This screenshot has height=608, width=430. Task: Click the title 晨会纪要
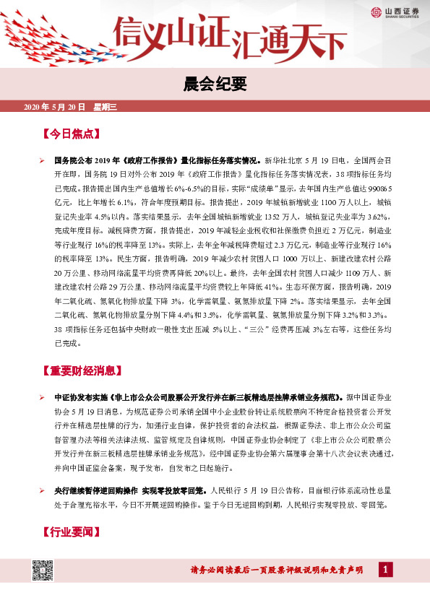tap(215, 84)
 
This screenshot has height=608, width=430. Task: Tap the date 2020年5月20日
tap(55, 108)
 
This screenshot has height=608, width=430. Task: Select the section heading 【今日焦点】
tap(71, 134)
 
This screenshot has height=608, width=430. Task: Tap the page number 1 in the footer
tap(386, 570)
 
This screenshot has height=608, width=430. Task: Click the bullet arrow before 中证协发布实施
tap(43, 398)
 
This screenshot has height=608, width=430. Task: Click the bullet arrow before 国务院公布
tap(43, 158)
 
